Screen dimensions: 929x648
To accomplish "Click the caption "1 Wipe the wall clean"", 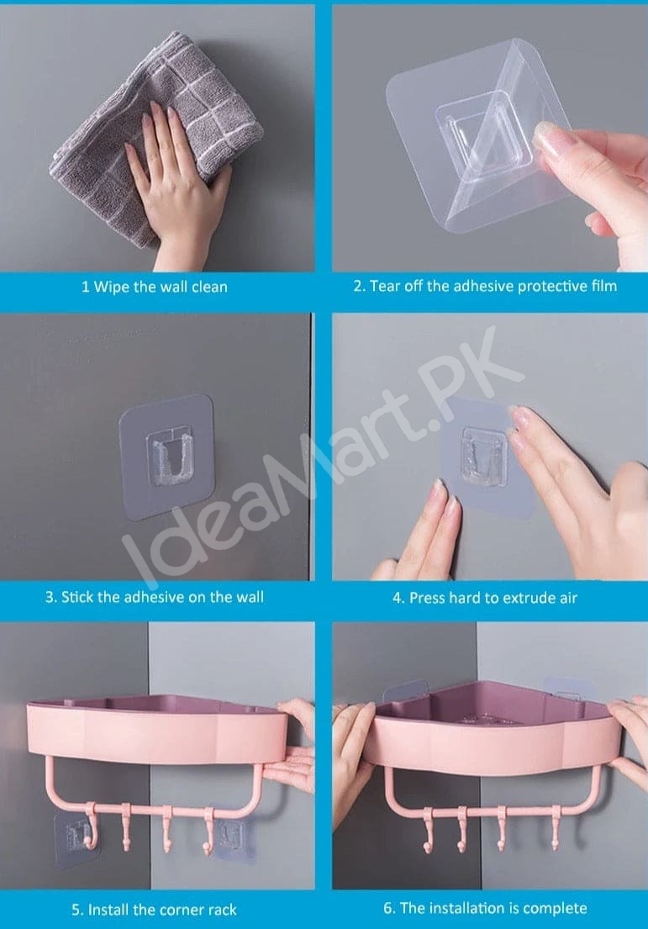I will (x=154, y=287).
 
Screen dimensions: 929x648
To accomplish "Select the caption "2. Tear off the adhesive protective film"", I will (x=484, y=286).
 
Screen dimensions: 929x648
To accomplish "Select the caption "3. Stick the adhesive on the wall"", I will (x=154, y=597).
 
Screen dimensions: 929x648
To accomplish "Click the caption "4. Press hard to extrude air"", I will (x=485, y=598).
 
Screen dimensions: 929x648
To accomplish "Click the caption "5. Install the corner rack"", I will (x=154, y=909).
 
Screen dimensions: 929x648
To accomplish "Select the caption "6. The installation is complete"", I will (x=484, y=908).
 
